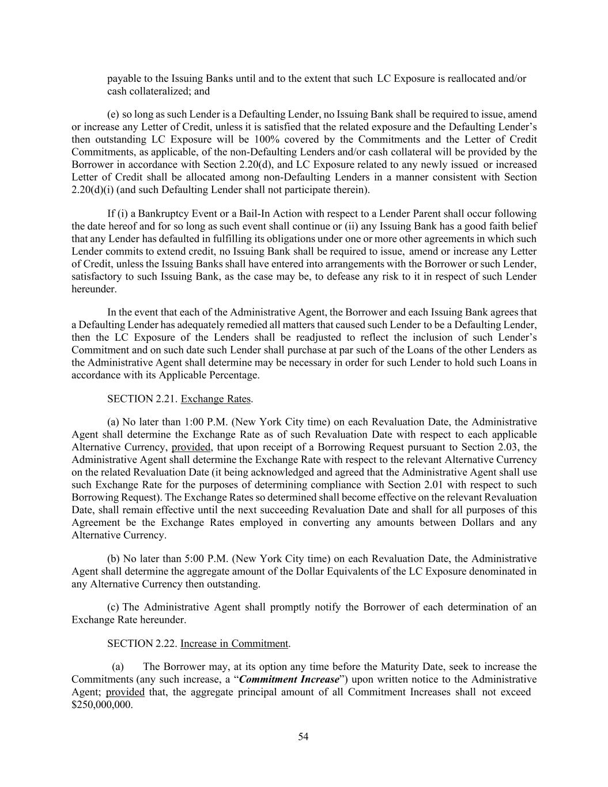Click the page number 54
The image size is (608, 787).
pos(303,736)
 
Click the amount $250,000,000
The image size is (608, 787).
pos(101,705)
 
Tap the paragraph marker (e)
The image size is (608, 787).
pos(114,114)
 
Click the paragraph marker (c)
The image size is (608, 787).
pos(114,607)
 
